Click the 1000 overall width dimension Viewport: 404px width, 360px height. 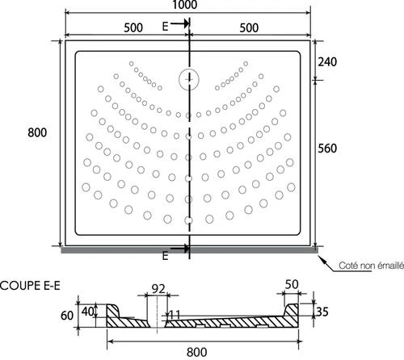(187, 6)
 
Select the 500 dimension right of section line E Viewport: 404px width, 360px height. (247, 26)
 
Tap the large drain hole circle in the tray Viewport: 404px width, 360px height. (187, 79)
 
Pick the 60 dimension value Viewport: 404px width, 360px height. (67, 316)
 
